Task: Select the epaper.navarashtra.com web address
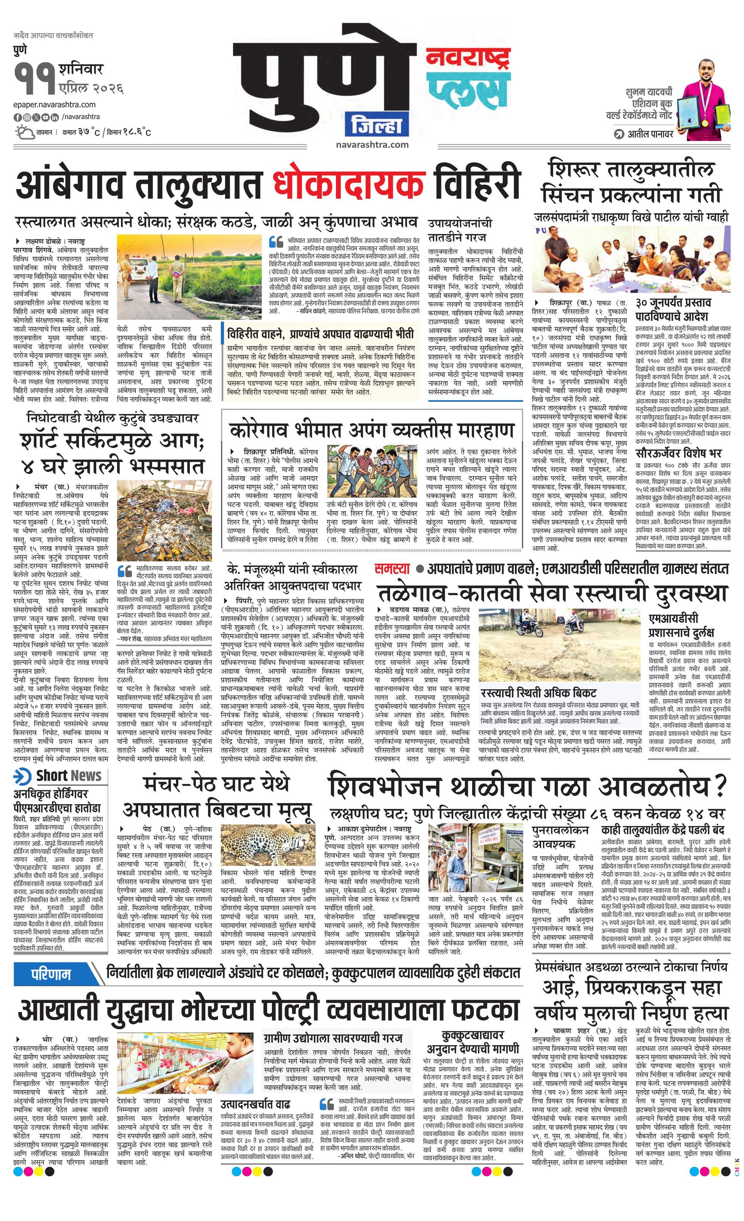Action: pos(55,105)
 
